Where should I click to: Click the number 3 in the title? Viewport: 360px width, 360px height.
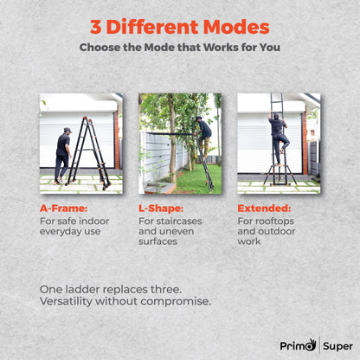(x=97, y=27)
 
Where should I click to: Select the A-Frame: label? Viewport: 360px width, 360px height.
(x=63, y=209)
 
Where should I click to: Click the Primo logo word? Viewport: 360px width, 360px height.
(x=297, y=345)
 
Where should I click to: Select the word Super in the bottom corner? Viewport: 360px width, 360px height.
(x=337, y=346)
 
